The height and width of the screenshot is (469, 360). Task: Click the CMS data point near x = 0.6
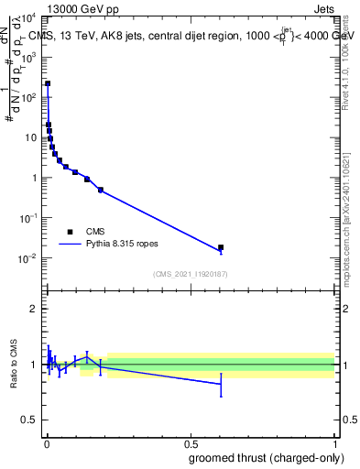pos(221,247)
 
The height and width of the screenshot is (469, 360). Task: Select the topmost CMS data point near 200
pos(48,83)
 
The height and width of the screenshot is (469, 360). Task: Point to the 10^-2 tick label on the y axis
pos(28,258)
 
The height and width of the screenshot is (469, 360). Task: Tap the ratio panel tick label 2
pos(35,309)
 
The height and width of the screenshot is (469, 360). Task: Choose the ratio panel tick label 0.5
pos(30,420)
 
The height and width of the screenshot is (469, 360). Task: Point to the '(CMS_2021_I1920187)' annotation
pos(190,274)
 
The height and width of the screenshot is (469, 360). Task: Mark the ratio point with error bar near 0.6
pos(221,384)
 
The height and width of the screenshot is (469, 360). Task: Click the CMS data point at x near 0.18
pos(100,190)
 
